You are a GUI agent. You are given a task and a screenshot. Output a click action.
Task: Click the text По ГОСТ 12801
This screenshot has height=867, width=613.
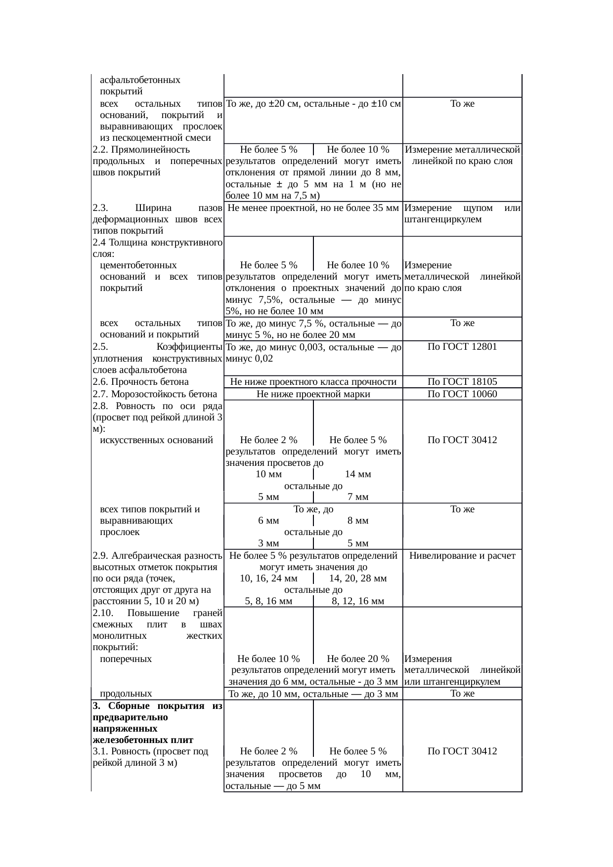[462, 347]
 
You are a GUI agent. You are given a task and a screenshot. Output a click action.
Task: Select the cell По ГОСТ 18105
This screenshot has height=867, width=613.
[462, 382]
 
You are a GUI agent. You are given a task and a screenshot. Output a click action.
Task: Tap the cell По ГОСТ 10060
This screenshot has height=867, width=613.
[462, 394]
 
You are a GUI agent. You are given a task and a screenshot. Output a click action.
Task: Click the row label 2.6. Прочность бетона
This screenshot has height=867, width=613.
[140, 382]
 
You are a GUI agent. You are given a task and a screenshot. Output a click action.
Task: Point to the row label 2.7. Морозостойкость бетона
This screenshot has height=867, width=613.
[155, 394]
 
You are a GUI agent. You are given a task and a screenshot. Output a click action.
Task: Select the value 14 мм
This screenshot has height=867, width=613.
[358, 474]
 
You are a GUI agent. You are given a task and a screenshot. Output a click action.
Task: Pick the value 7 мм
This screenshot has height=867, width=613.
[358, 497]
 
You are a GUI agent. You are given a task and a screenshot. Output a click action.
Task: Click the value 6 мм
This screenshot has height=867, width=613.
[268, 521]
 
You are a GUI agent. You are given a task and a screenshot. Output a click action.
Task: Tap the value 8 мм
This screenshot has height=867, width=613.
[358, 521]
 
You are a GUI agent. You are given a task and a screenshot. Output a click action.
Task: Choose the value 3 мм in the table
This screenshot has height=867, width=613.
[268, 543]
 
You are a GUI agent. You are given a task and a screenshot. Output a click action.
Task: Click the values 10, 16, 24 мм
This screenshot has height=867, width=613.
[268, 578]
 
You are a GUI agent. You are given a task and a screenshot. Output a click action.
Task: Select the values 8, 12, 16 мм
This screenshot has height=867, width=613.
[358, 601]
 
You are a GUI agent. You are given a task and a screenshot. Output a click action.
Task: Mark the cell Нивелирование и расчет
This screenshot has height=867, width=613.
[462, 556]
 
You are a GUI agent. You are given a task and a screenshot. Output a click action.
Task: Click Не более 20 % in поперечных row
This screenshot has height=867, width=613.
[358, 659]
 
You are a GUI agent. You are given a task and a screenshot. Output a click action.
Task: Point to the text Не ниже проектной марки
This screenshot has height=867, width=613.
[313, 394]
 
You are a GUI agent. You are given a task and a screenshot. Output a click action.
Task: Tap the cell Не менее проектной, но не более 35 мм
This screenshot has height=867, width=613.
[313, 208]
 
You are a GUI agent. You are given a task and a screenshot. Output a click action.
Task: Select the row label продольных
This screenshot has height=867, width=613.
[126, 694]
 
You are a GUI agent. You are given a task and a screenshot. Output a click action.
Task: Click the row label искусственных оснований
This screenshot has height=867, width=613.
[156, 440]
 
